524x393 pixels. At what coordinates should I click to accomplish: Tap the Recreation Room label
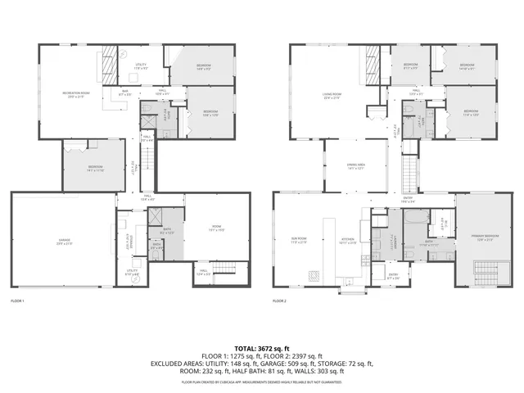tap(76, 94)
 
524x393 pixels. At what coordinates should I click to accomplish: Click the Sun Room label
tap(298, 242)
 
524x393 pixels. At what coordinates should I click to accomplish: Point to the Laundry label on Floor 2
tap(393, 241)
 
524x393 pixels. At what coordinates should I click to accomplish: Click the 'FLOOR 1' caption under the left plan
tap(18, 301)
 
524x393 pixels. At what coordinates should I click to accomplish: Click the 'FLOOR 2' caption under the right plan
tap(281, 301)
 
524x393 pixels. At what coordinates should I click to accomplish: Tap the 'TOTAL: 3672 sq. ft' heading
tap(262, 348)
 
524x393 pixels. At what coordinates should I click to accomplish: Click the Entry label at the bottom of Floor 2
tap(393, 277)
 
